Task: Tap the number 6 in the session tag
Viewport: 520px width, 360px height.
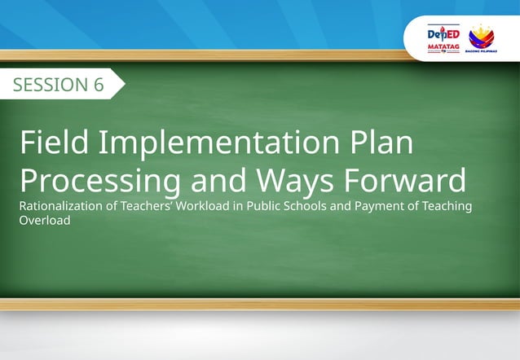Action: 98,85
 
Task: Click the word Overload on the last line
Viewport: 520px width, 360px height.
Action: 45,220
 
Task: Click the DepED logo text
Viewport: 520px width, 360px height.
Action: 443,35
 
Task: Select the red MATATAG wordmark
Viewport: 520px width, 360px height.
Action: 443,48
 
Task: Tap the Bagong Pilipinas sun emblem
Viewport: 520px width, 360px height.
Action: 482,36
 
